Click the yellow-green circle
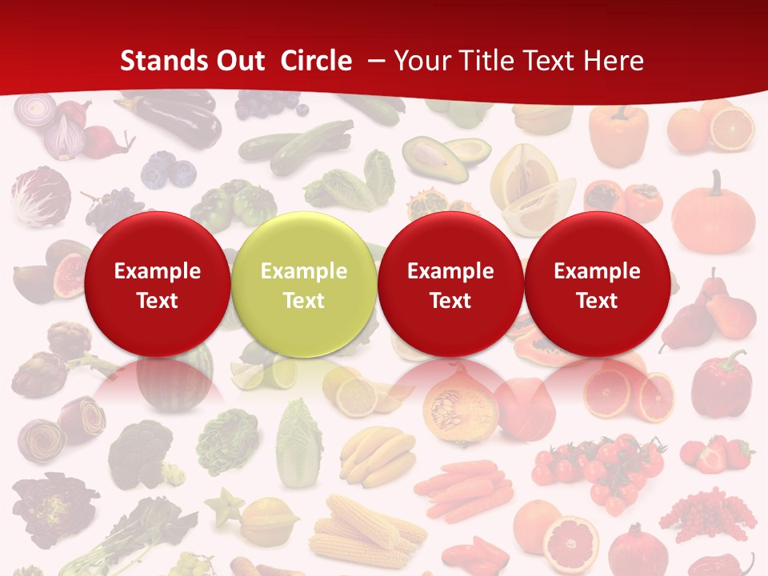[x=303, y=284]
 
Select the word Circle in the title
[x=316, y=61]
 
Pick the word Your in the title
[x=422, y=61]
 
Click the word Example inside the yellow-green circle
[x=303, y=271]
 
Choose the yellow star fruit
[x=228, y=506]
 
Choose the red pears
[x=712, y=316]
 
